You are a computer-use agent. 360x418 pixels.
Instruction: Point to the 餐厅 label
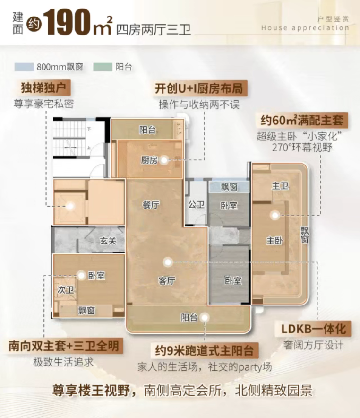tap(151, 205)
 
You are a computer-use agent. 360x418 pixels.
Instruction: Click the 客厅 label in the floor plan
tap(167, 281)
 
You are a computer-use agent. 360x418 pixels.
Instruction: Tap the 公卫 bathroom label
tap(196, 205)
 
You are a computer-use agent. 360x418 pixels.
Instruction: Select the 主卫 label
tap(280, 186)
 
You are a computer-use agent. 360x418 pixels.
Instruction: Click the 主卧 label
tap(274, 241)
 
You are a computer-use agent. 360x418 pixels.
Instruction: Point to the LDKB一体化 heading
tap(314, 329)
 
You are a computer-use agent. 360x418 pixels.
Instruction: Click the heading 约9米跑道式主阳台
tap(205, 351)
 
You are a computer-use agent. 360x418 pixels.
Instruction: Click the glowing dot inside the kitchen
tap(164, 160)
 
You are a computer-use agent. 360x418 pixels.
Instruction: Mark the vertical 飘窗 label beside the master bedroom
tap(306, 234)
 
